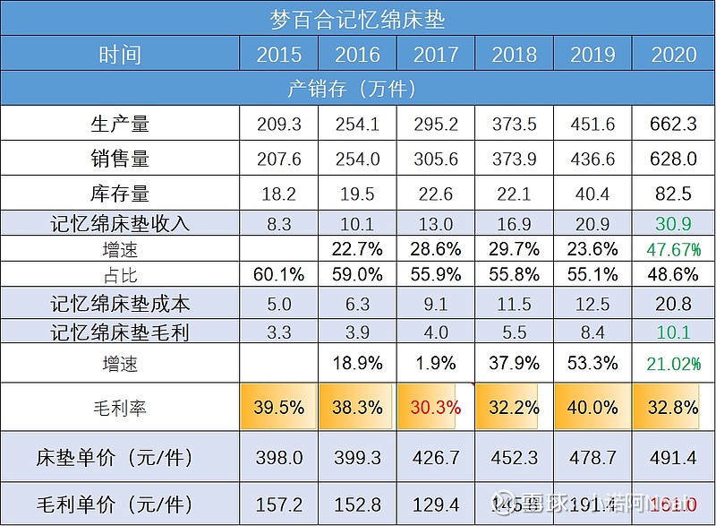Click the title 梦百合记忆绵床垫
point(357,18)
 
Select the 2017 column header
point(435,55)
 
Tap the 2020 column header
point(674,55)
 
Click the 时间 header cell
point(120,55)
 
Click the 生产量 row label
point(120,124)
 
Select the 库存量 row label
point(120,193)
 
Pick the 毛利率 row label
point(120,409)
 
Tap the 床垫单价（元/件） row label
point(120,458)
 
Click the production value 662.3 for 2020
point(674,124)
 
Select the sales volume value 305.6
point(435,159)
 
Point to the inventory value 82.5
point(674,193)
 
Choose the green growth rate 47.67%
point(674,249)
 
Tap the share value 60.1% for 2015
point(278,273)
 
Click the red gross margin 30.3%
point(435,407)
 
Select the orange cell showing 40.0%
point(592,407)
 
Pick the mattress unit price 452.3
point(514,458)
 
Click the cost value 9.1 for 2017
point(435,306)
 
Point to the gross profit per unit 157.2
point(278,504)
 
